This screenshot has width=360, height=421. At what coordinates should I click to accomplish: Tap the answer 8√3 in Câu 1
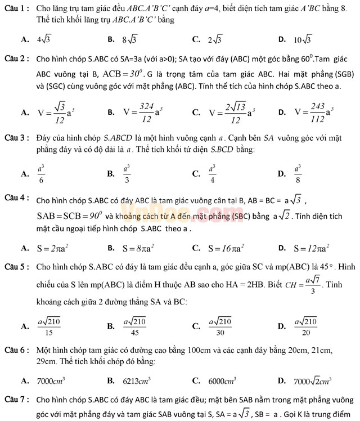click(x=130, y=39)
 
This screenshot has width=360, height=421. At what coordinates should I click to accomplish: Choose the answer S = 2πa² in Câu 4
click(x=52, y=248)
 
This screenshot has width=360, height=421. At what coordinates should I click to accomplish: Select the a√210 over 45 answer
click(x=135, y=326)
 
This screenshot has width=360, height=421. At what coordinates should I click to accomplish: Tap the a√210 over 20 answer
click(x=307, y=326)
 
